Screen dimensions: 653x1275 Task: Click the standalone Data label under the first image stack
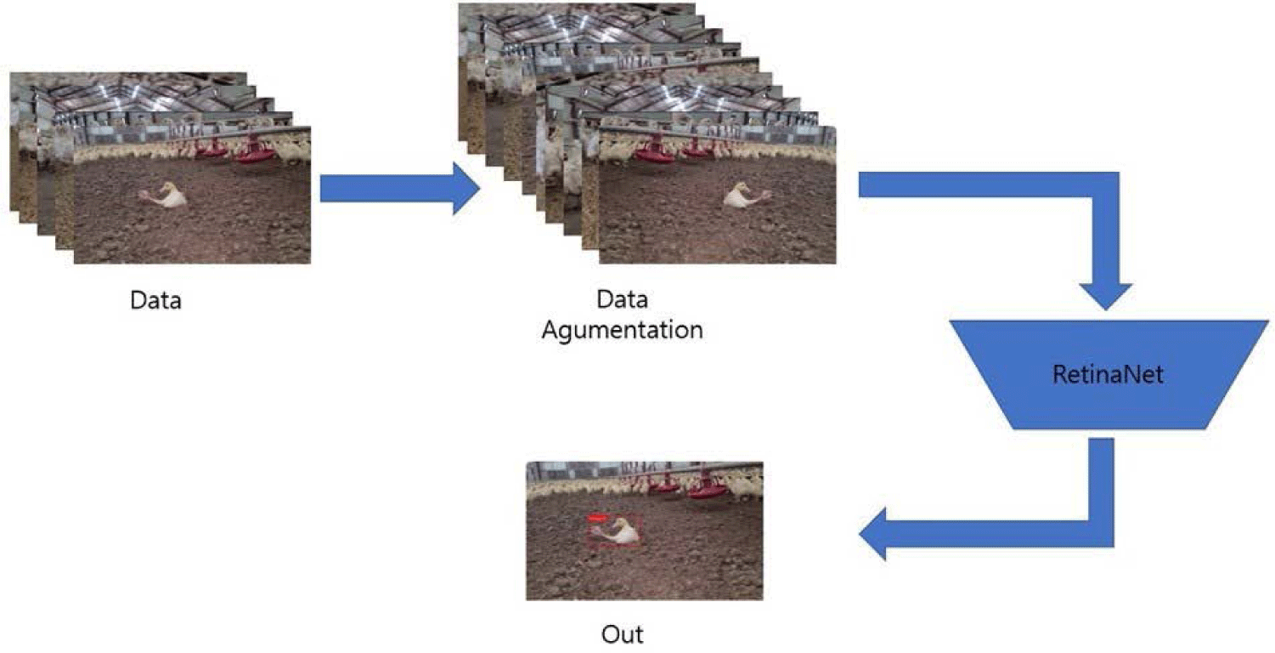pyautogui.click(x=155, y=299)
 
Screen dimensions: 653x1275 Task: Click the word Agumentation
pyautogui.click(x=622, y=330)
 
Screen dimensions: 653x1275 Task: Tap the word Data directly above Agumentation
pyautogui.click(x=622, y=299)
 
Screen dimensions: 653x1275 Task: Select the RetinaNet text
pyautogui.click(x=1108, y=373)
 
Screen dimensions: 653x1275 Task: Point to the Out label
pyautogui.click(x=623, y=634)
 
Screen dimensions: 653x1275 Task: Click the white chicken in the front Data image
pyautogui.click(x=170, y=196)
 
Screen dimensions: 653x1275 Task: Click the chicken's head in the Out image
pyautogui.click(x=627, y=524)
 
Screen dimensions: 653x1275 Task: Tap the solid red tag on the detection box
pyautogui.click(x=598, y=516)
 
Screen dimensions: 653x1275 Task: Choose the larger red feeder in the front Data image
pyautogui.click(x=254, y=153)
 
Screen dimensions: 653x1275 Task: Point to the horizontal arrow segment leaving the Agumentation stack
pyautogui.click(x=977, y=185)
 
